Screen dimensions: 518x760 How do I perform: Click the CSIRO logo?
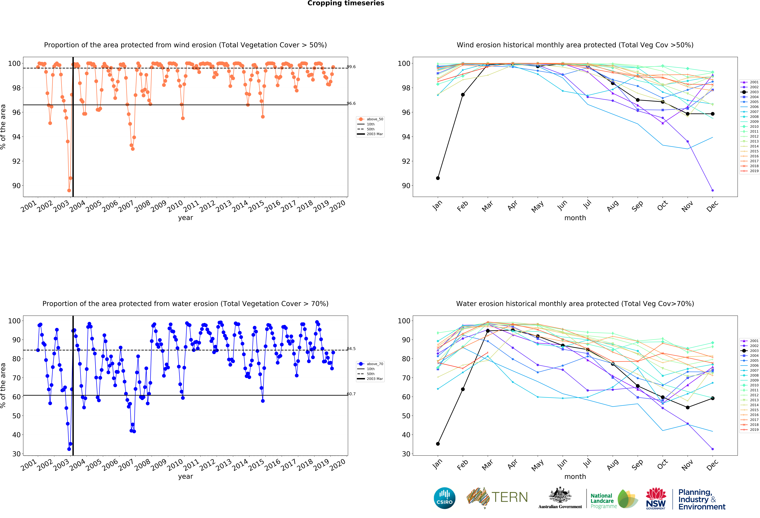[444, 498]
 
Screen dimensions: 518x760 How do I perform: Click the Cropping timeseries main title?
[346, 3]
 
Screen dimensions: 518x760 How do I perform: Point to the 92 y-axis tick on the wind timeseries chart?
[16, 161]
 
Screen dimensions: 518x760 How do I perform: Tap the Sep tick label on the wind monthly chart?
[638, 206]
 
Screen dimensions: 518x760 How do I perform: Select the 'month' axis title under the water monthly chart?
[575, 476]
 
